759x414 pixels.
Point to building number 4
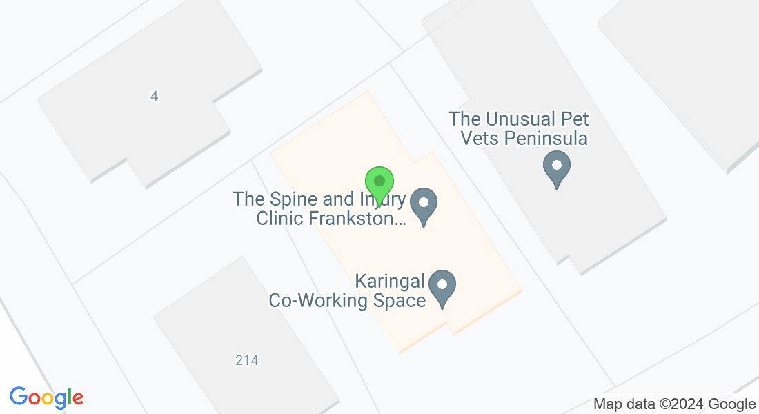point(154,97)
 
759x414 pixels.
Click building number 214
point(246,360)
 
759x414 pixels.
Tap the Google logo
point(46,397)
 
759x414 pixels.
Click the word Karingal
point(388,282)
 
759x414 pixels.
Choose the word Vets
point(480,139)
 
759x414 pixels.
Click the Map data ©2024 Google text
point(675,404)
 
